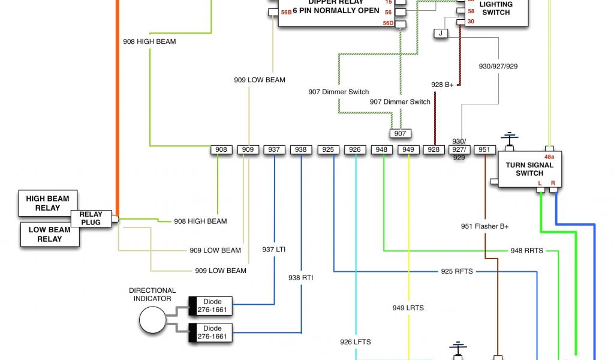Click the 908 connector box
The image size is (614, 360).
(x=221, y=149)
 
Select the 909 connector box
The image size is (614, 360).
(x=248, y=149)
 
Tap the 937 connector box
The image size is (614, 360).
(x=274, y=149)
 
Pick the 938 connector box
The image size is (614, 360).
(x=301, y=149)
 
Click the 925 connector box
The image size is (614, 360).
(x=328, y=149)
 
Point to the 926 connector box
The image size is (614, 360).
(x=355, y=149)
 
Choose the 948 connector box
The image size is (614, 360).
(x=381, y=149)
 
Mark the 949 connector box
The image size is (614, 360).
(x=408, y=149)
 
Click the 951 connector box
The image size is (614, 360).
(x=484, y=149)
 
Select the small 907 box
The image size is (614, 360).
(x=400, y=133)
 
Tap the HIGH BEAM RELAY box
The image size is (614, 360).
(x=47, y=203)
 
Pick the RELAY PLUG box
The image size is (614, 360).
(x=91, y=218)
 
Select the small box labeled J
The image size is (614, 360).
(x=441, y=34)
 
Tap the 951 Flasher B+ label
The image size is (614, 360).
(x=484, y=226)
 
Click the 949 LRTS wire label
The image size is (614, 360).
(x=408, y=308)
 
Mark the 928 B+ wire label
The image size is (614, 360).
(x=443, y=85)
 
